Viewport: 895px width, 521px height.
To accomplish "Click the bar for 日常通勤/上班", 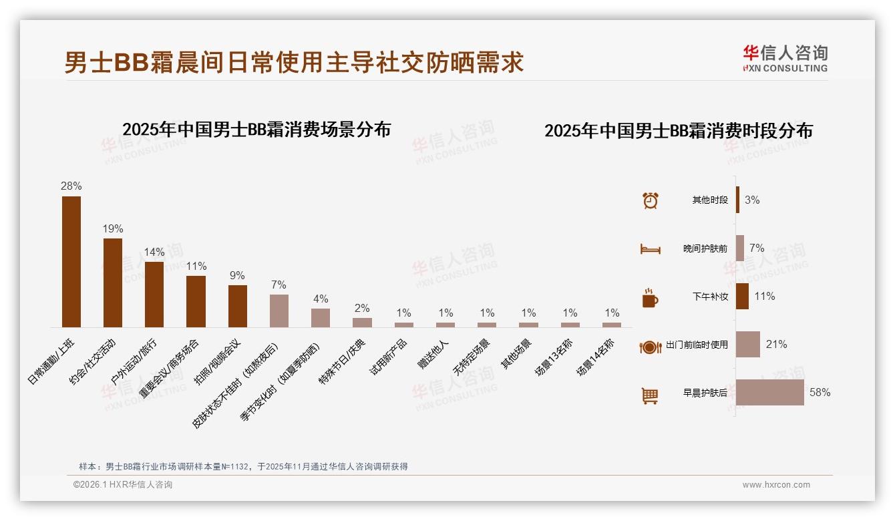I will click(71, 261).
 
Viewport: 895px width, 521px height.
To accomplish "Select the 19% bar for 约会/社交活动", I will click(113, 283).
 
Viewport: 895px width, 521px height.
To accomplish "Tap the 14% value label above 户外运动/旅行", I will click(154, 252).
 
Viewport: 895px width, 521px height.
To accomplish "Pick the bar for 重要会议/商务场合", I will click(196, 301).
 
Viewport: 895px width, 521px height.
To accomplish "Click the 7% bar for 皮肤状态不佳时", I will click(279, 311).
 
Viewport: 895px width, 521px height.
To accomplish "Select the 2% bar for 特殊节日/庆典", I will click(362, 322).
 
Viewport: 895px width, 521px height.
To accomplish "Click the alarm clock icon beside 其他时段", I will click(651, 200).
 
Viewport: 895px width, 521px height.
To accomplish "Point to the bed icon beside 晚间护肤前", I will click(651, 248).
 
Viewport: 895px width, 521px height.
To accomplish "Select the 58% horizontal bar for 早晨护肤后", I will click(770, 392).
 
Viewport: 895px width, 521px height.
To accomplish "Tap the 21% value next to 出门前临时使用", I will click(776, 345).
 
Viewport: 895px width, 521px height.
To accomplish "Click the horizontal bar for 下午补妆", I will click(742, 297).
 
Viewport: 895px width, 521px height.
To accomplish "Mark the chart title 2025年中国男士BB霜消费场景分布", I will click(256, 130).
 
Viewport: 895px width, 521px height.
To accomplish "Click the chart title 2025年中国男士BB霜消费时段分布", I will click(679, 131).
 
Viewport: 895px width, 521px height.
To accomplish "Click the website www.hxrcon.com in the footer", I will click(776, 485).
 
